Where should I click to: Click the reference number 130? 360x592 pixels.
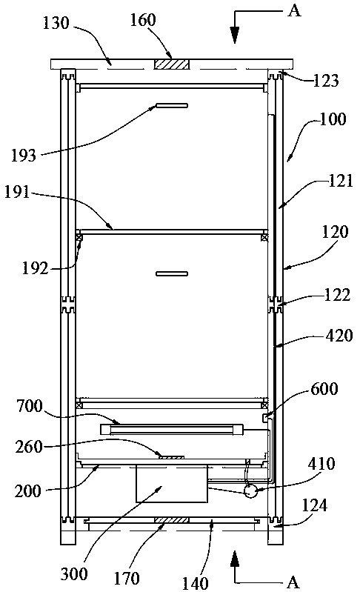click(56, 23)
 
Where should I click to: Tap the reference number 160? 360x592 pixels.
click(143, 19)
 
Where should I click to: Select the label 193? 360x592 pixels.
click(23, 155)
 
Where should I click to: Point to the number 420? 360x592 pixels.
click(339, 335)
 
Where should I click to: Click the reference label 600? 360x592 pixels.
click(324, 388)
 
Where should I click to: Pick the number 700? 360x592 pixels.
click(30, 406)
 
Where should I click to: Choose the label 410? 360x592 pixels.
click(321, 463)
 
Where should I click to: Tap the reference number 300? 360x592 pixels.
click(74, 574)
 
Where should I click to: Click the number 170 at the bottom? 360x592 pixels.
click(127, 578)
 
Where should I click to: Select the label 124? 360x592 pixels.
click(315, 505)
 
